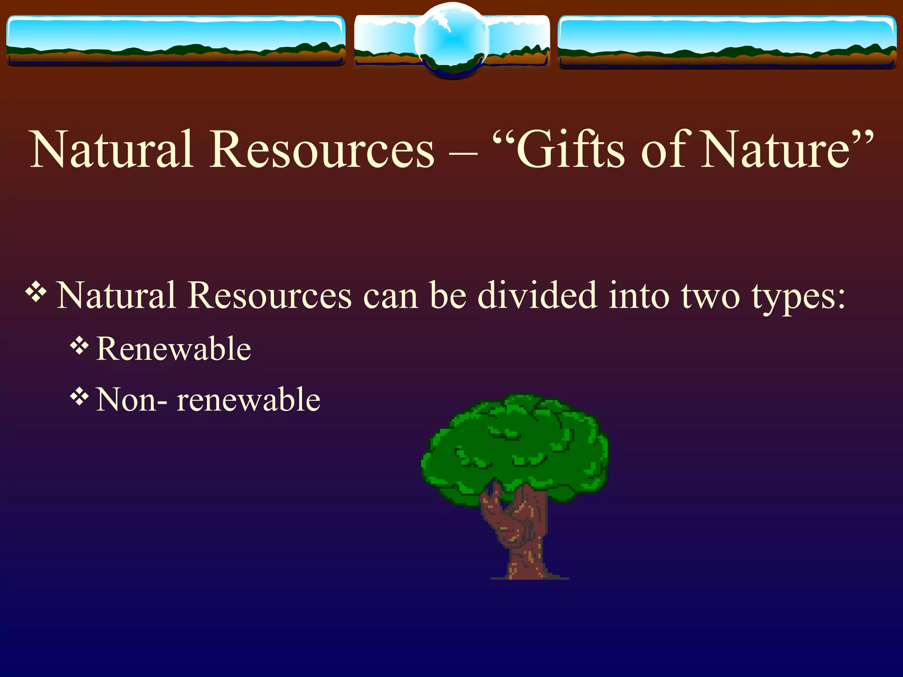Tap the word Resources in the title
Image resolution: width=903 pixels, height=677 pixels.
click(322, 150)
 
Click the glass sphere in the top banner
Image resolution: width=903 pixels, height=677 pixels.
click(451, 40)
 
